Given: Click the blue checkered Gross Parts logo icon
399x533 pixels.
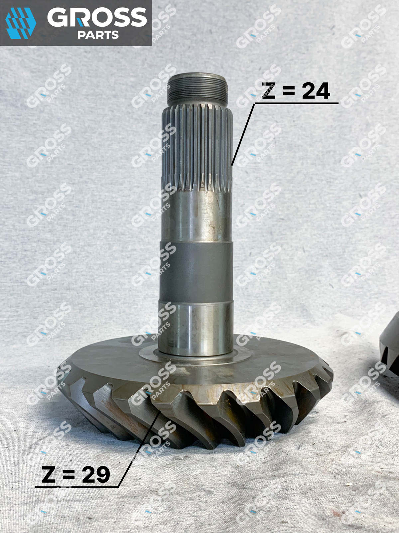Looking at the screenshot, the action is (21, 23).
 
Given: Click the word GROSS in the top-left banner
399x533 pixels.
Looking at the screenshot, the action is (97, 17).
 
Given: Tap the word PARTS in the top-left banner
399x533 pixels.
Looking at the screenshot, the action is (98, 35).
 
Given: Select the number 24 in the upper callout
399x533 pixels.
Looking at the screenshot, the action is (316, 91).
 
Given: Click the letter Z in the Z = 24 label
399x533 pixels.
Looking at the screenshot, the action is (269, 91).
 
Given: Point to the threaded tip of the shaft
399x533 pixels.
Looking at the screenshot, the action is (198, 90).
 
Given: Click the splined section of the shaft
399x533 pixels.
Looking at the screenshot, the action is (197, 148).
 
